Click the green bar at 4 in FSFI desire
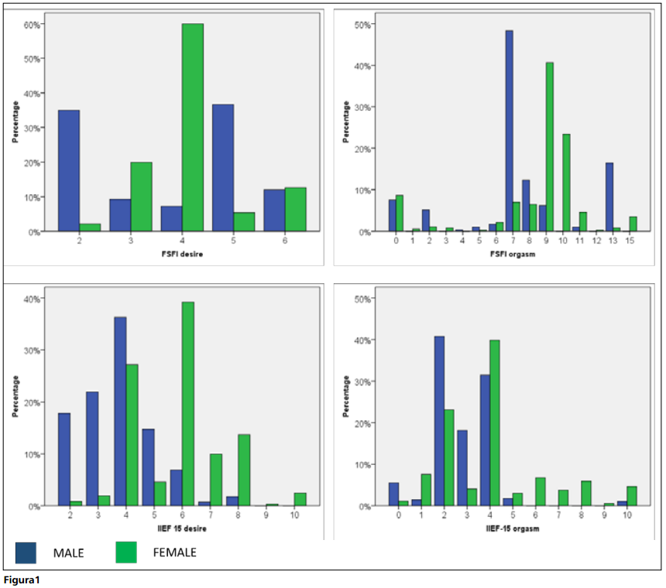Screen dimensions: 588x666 (193, 128)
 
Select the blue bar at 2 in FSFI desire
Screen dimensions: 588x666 (69, 170)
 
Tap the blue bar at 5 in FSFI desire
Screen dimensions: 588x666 (223, 168)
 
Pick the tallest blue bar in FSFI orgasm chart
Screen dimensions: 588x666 (509, 132)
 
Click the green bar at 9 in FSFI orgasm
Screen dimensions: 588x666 (549, 147)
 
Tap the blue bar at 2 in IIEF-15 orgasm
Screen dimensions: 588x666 (439, 421)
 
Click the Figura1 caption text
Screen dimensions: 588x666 (22, 579)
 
